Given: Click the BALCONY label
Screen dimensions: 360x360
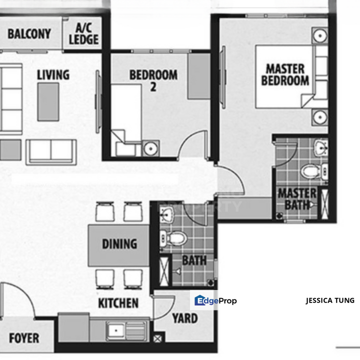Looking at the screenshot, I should (x=29, y=34).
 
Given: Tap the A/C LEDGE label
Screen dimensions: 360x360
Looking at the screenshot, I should (x=83, y=33).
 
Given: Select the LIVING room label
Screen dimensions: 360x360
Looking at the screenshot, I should (x=53, y=75).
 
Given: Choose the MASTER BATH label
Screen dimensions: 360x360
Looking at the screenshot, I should (x=297, y=198).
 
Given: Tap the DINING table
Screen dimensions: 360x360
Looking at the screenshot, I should (x=119, y=244).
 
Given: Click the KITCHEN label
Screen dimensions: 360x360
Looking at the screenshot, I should (x=118, y=303).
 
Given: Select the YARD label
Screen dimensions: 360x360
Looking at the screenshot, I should (x=184, y=318).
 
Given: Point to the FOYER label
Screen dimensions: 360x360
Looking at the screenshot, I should (x=24, y=338).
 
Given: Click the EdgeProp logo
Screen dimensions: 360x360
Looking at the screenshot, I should (x=215, y=300).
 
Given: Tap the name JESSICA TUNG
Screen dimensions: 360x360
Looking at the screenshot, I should (x=330, y=300).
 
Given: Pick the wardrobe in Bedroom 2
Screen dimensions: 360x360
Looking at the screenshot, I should (x=198, y=76).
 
